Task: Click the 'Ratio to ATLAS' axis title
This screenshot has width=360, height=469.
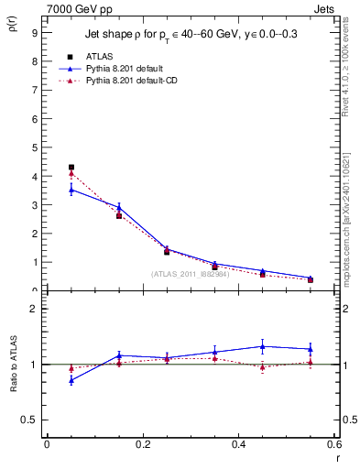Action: [12, 366]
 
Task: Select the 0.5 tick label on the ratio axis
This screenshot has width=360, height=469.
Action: [28, 420]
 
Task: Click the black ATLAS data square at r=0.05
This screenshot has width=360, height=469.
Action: [71, 168]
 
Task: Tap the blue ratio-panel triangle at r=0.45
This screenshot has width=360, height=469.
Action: [263, 346]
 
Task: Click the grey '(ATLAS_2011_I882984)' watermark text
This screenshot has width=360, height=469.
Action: [191, 274]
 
